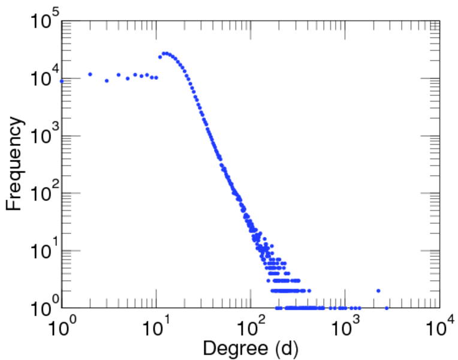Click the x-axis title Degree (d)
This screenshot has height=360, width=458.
point(251,347)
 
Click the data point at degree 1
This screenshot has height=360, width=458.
point(62,81)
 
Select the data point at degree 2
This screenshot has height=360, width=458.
point(90,74)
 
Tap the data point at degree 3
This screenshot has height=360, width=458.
point(107,80)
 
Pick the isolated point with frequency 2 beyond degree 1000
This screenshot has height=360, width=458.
point(378,291)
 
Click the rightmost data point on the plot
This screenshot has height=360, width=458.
point(387,308)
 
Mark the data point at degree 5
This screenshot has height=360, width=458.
point(128,78)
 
